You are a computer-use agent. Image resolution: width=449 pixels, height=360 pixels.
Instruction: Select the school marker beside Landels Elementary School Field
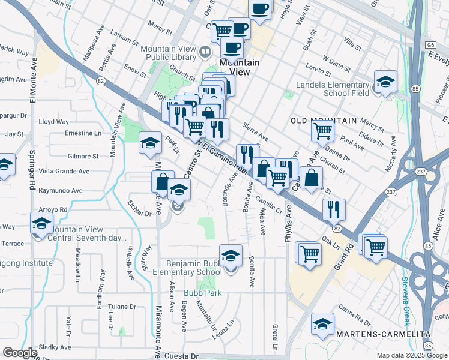pyautogui.click(x=385, y=82)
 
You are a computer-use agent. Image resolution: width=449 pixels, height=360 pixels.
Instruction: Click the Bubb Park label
pyautogui.click(x=203, y=293)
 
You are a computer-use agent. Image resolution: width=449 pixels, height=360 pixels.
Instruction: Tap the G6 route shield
pyautogui.click(x=430, y=44)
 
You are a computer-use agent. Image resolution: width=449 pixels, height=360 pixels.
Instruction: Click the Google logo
pyautogui.click(x=20, y=353)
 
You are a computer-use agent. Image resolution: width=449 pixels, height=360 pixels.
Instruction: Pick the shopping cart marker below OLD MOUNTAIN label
pyautogui.click(x=323, y=131)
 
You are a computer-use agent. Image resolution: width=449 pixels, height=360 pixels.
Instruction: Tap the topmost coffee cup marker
pyautogui.click(x=260, y=9)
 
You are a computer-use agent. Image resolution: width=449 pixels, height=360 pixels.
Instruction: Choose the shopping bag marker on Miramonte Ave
pyautogui.click(x=163, y=182)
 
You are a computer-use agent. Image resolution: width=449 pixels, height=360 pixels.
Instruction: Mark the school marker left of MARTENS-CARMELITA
pyautogui.click(x=322, y=325)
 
